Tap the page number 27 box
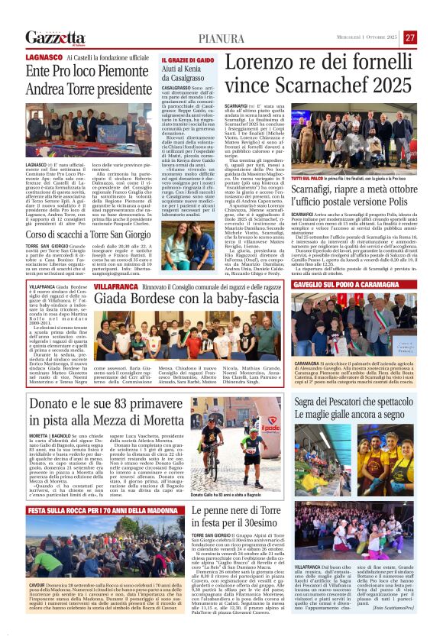(x=410, y=37)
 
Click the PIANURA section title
(x=222, y=38)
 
